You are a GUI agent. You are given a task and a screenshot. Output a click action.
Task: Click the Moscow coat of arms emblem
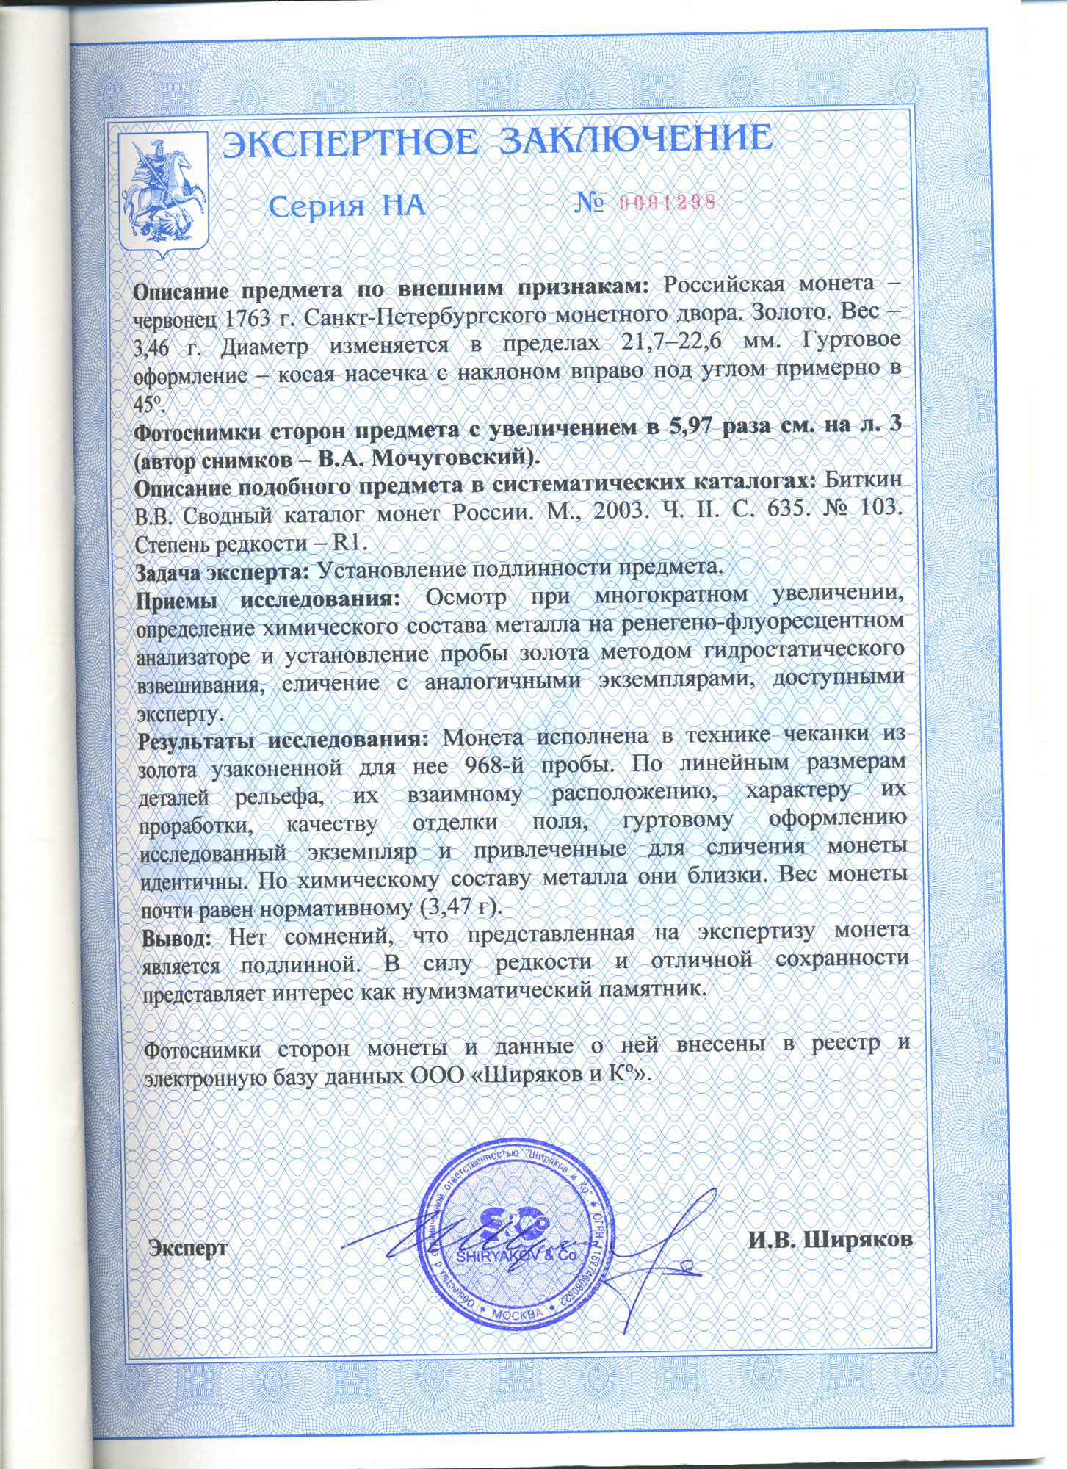tap(164, 193)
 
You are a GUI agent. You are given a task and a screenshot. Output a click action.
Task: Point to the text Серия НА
tap(347, 206)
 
